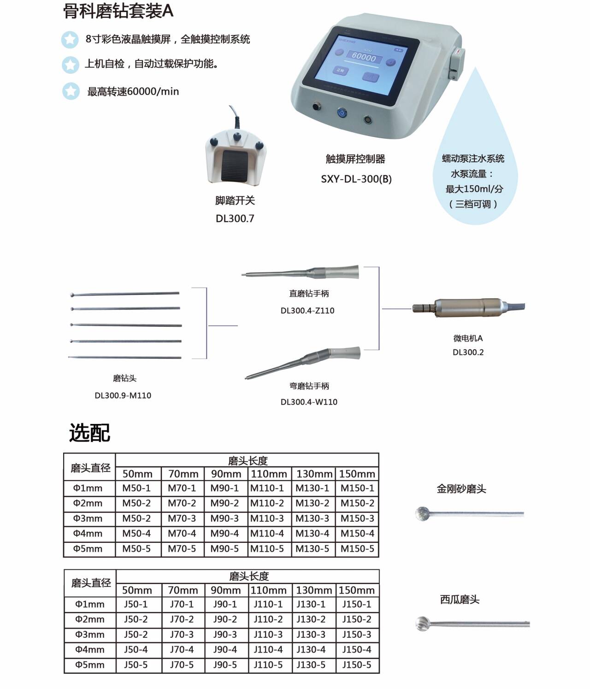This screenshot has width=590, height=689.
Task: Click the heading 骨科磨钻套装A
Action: pyautogui.click(x=118, y=11)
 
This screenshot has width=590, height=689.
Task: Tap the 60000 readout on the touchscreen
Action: pyautogui.click(x=364, y=57)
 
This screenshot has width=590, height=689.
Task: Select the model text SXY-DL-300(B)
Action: pyautogui.click(x=356, y=179)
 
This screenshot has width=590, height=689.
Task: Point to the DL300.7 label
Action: pyautogui.click(x=235, y=218)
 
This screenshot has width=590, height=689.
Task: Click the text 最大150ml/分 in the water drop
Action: pyautogui.click(x=474, y=189)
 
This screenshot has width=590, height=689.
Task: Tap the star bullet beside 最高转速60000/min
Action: pyautogui.click(x=71, y=91)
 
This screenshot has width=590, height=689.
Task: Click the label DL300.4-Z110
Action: pyautogui.click(x=307, y=311)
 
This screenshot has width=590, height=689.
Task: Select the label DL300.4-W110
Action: pyautogui.click(x=309, y=402)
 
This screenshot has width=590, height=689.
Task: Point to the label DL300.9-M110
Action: pyautogui.click(x=123, y=395)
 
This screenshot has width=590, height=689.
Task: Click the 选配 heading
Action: pyautogui.click(x=90, y=433)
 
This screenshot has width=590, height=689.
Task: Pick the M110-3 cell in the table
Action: pyautogui.click(x=267, y=518)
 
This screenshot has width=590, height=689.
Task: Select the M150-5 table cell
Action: pyautogui.click(x=357, y=549)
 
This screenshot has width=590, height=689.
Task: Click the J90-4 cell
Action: pyautogui.click(x=225, y=649)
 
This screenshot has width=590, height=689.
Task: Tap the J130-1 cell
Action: pyautogui.click(x=311, y=604)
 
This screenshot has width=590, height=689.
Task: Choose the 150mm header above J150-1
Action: pyautogui.click(x=356, y=590)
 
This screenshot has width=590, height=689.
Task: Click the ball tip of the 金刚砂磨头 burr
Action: pyautogui.click(x=423, y=513)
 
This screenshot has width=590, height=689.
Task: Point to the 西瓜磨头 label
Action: pyautogui.click(x=460, y=600)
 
